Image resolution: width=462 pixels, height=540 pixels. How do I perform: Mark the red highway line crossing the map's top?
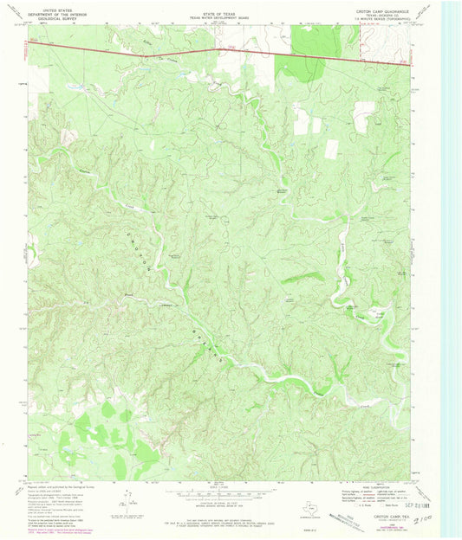pos(217,51)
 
